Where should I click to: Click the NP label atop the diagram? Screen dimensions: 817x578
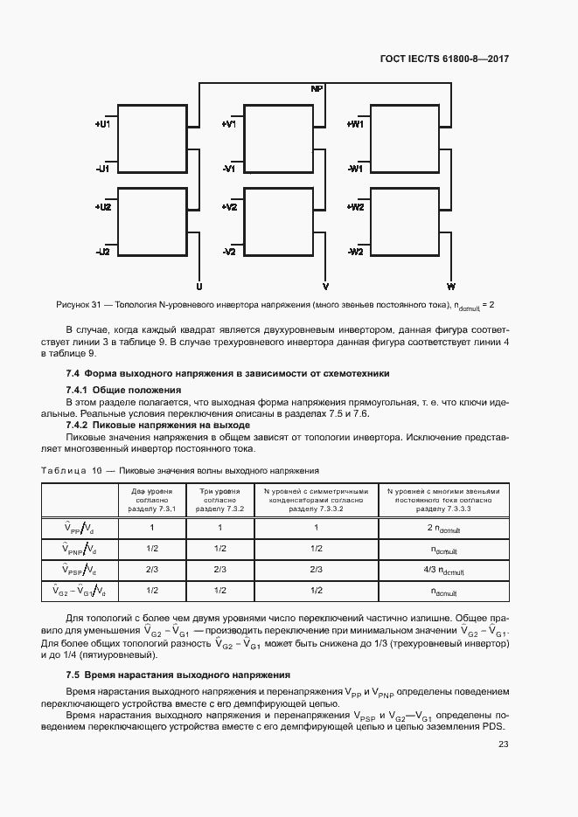[x=317, y=89]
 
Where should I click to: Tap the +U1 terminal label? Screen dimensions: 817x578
[x=102, y=125]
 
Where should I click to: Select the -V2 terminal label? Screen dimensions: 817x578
[x=229, y=252]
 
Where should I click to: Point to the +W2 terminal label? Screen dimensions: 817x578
[x=355, y=208]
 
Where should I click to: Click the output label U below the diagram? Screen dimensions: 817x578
[x=199, y=287]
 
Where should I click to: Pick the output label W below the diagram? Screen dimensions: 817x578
[x=451, y=287]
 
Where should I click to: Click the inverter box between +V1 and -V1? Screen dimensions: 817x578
[x=278, y=141]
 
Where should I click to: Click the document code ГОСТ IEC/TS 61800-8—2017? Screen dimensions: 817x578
[x=444, y=60]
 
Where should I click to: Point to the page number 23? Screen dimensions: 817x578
[x=503, y=744]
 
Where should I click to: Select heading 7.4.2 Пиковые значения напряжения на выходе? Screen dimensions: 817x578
[x=157, y=425]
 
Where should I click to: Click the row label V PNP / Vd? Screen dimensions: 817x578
[x=80, y=549]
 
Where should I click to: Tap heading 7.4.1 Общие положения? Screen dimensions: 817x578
[x=123, y=389]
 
